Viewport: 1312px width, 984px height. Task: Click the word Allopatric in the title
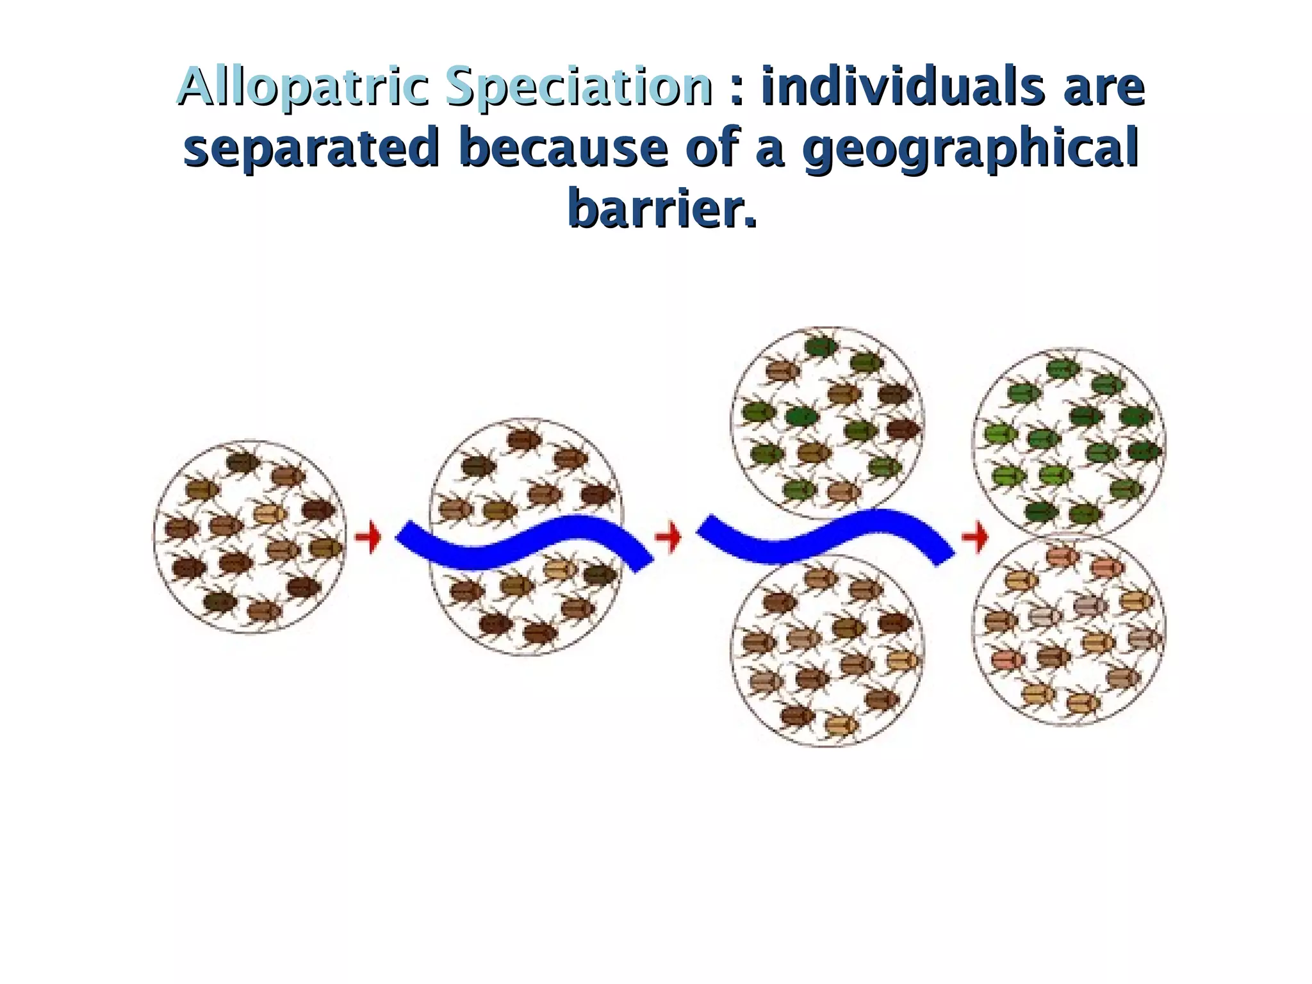click(x=302, y=87)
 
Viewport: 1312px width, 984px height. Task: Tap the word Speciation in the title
click(x=578, y=87)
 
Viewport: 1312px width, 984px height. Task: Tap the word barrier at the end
click(x=653, y=209)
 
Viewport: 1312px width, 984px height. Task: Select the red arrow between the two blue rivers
click(x=668, y=537)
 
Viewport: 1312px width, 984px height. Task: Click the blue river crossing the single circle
click(x=525, y=541)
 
